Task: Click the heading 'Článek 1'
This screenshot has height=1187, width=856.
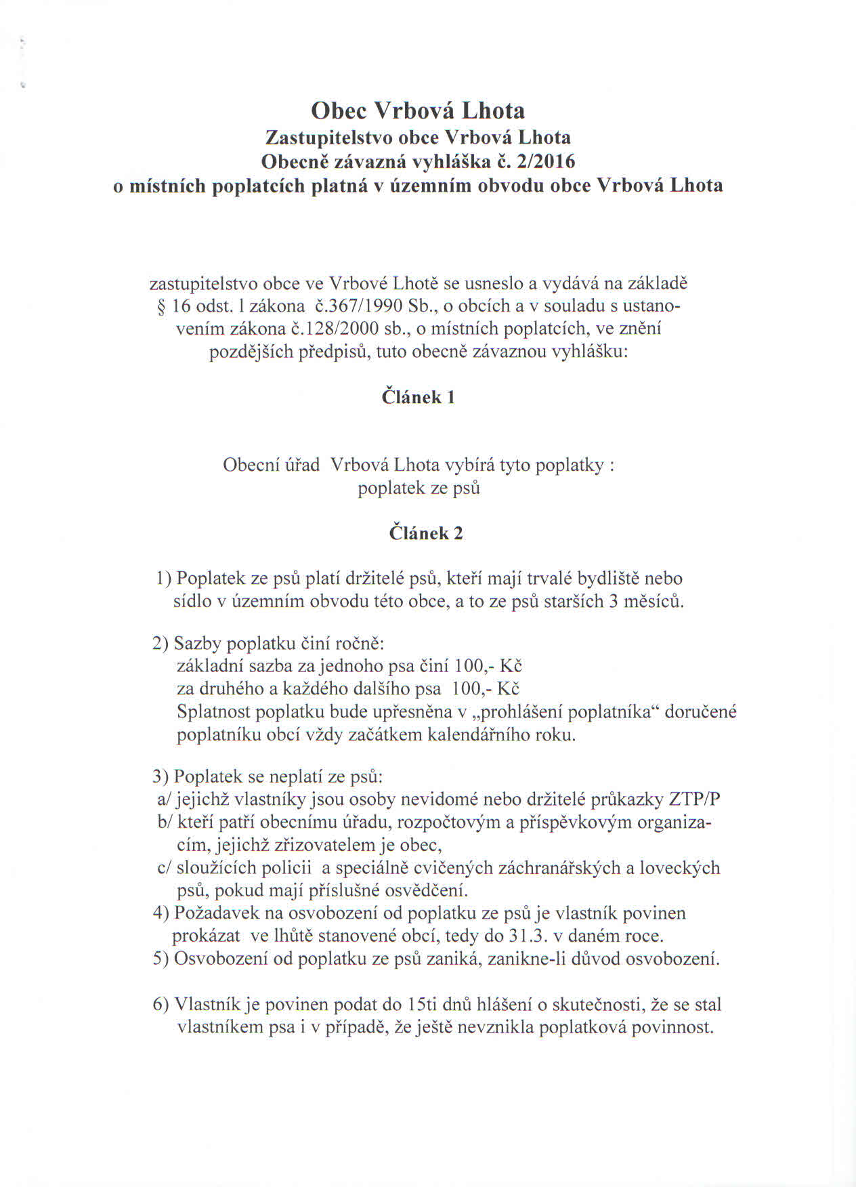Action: (418, 397)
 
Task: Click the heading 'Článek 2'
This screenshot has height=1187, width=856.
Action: (426, 533)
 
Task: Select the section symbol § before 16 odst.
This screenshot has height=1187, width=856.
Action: (161, 306)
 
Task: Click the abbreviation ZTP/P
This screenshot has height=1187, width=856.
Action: (694, 799)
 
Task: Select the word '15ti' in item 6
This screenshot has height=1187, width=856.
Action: (425, 1004)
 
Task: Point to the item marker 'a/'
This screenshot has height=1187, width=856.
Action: (165, 799)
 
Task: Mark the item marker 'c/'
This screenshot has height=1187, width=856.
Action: (165, 868)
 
